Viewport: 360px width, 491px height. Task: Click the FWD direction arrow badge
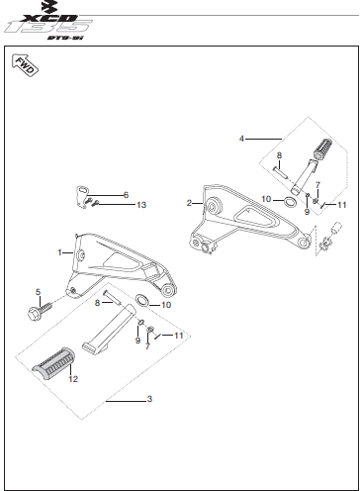[x=25, y=67]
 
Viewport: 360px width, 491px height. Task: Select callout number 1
[x=59, y=252]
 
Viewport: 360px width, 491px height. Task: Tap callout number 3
[x=149, y=399]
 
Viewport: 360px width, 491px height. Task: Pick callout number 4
[x=241, y=138]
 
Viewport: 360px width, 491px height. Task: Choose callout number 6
[x=126, y=194]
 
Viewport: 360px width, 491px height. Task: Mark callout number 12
[x=72, y=377]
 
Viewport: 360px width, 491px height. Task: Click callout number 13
[x=140, y=205]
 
